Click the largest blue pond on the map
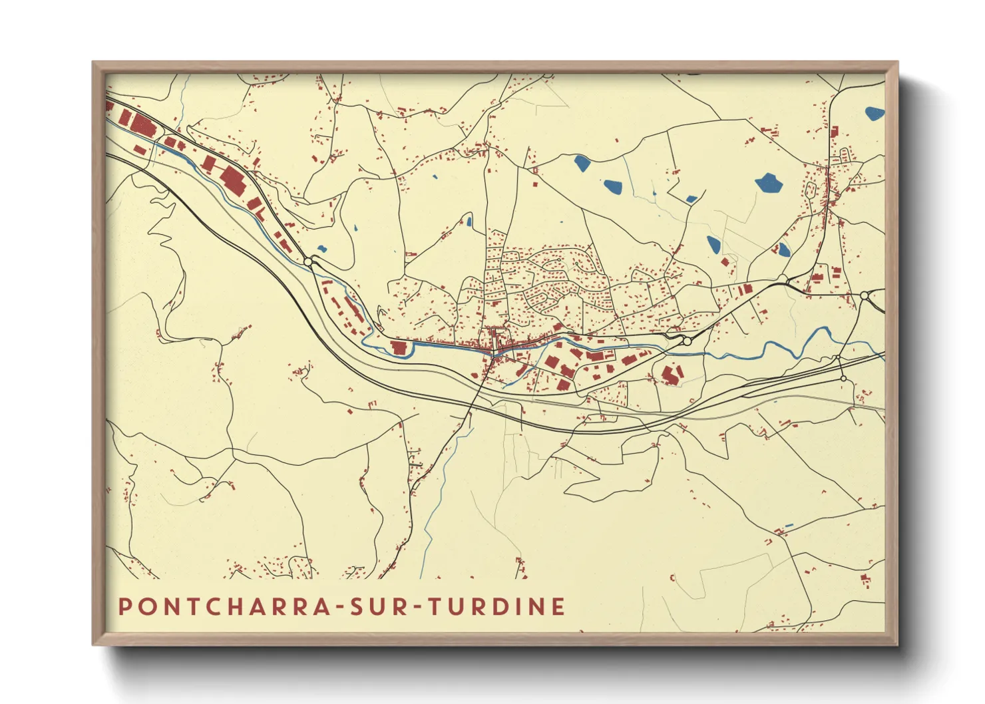(x=769, y=182)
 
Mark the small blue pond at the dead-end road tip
(x=469, y=222)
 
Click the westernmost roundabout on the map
(x=308, y=262)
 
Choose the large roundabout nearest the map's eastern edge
(x=864, y=295)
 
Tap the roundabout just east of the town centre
(x=686, y=341)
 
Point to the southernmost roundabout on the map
(x=843, y=379)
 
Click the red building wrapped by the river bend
(x=399, y=348)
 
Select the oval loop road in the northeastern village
(x=811, y=191)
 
